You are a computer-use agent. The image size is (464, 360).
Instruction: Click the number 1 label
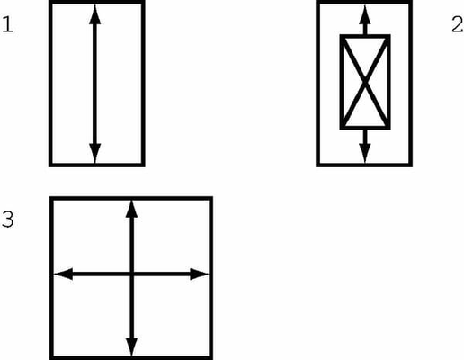(8, 24)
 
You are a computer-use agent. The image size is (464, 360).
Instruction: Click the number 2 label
(457, 24)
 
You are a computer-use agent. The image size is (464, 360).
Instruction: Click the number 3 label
(8, 219)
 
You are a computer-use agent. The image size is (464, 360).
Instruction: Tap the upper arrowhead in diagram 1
(95, 14)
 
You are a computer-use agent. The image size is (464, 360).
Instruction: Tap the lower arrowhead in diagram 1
(95, 154)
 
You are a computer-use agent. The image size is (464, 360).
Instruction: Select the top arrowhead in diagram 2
(365, 14)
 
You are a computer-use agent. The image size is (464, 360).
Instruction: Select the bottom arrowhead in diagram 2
(365, 154)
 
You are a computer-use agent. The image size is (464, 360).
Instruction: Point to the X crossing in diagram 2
(365, 82)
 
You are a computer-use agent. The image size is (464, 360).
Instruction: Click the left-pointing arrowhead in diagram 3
(63, 274)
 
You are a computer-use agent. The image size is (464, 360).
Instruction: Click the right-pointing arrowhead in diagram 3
(200, 274)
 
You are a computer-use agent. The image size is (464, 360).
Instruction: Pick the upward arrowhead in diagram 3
(131, 210)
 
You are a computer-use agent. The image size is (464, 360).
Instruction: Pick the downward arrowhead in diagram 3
(131, 347)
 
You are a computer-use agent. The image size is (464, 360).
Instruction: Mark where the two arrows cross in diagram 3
(131, 274)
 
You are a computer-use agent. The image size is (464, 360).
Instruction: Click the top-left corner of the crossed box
(342, 36)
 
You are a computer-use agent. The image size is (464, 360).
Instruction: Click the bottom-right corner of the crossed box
(388, 128)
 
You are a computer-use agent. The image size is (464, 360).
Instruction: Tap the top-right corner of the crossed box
(388, 36)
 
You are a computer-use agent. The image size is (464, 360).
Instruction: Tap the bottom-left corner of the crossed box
(342, 128)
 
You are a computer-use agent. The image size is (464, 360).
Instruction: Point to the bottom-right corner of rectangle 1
(143, 166)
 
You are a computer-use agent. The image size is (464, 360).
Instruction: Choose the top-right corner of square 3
(211, 198)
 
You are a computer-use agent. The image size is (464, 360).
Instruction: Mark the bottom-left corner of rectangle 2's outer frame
(317, 166)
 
